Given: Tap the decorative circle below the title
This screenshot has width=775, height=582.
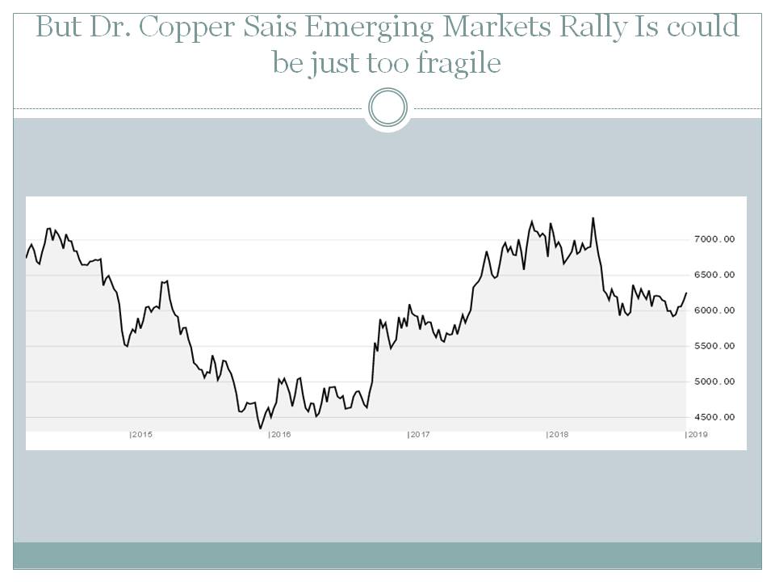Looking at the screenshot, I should click(x=387, y=108).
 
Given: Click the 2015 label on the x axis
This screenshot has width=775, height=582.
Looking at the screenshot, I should click(x=141, y=435).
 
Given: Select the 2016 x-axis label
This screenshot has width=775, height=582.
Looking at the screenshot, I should click(x=280, y=435).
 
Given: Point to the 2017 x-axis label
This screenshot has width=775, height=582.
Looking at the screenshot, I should click(x=419, y=435).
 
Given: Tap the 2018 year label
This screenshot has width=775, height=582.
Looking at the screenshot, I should click(x=558, y=435).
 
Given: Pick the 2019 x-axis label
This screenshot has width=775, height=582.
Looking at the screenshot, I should click(x=697, y=435).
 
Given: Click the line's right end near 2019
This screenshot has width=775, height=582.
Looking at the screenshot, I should click(x=686, y=293).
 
